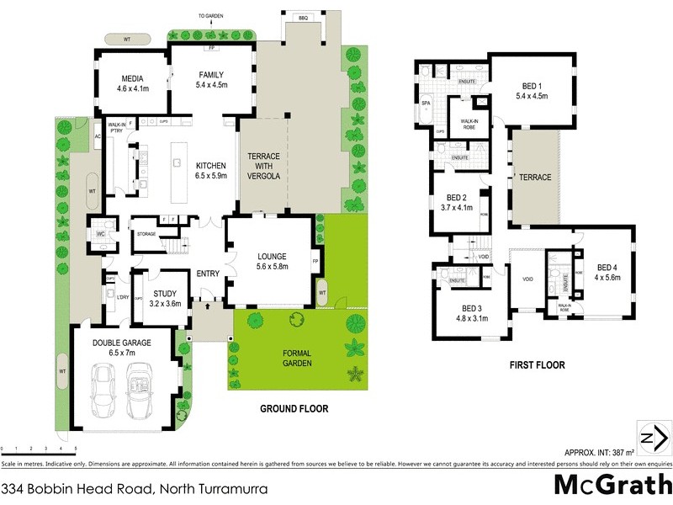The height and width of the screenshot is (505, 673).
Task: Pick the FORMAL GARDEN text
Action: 297,358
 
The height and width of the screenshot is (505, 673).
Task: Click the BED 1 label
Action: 531,86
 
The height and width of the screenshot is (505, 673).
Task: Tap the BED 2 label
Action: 458,198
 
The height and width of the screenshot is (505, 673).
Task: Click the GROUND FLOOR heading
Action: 294,409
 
